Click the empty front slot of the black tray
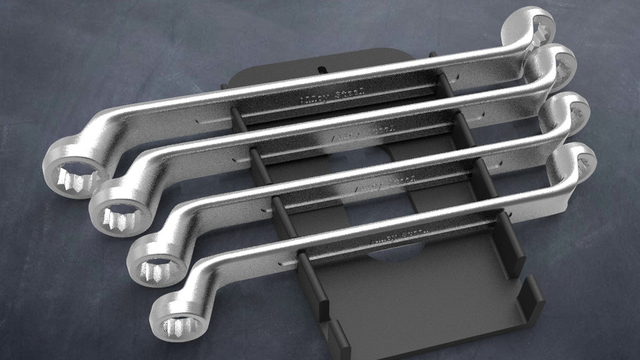pyautogui.click(x=427, y=300)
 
